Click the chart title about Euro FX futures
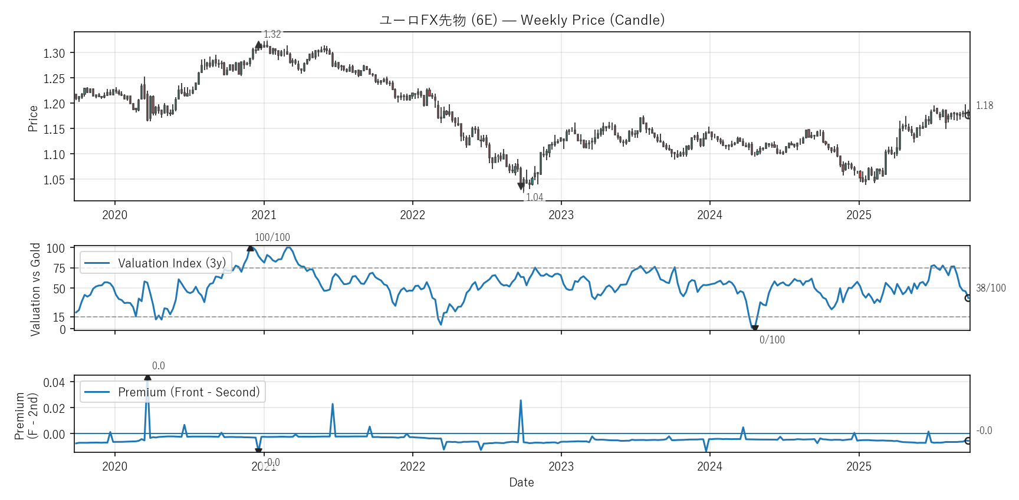522,20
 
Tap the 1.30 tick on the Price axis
54,53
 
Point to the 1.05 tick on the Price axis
54,180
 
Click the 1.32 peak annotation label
272,34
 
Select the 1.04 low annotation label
534,197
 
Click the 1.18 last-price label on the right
984,105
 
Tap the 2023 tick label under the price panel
561,215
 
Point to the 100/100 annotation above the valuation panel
272,237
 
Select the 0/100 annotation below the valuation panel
772,340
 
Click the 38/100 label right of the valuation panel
991,288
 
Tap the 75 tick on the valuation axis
59,269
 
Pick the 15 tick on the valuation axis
59,317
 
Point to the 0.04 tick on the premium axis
54,383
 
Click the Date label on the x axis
521,482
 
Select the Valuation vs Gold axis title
35,289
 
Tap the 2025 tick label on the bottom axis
859,466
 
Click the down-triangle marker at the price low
521,186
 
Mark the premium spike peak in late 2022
521,400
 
